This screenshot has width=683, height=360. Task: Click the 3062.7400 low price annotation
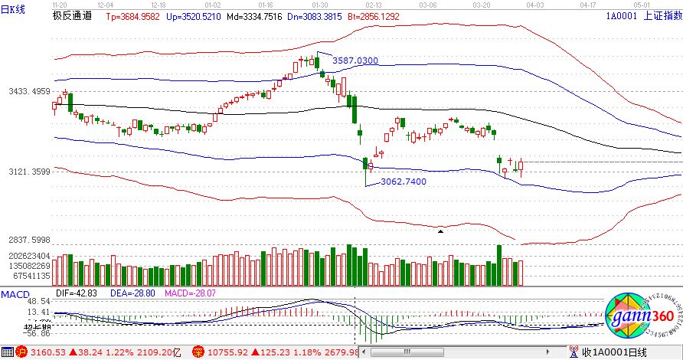point(403,182)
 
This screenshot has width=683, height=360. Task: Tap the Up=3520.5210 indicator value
point(194,15)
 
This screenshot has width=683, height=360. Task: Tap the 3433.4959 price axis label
point(29,91)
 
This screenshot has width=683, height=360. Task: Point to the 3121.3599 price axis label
point(29,172)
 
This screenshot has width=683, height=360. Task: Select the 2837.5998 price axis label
point(29,240)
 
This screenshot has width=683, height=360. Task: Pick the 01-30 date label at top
point(320,5)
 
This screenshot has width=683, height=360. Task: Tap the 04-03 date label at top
point(535,5)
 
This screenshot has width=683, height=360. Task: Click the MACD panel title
point(14,293)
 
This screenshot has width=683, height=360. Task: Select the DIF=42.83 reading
point(74,293)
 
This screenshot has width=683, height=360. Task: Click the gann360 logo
point(637,316)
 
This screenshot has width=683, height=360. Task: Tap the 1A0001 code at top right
point(621,15)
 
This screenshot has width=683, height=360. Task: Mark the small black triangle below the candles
point(440,230)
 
